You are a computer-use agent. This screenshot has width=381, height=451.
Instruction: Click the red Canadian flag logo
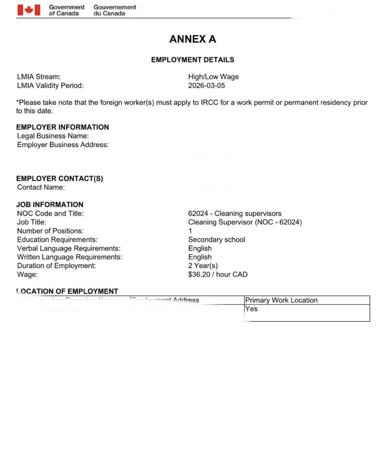[29, 10]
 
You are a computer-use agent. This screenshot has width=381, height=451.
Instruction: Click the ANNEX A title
[193, 39]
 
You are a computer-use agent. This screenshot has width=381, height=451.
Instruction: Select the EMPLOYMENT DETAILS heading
[193, 60]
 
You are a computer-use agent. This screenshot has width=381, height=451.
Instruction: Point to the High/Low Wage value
[213, 77]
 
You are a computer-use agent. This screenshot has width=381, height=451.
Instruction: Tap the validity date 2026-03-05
[206, 85]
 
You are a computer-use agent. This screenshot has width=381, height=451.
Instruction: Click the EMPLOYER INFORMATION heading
[63, 127]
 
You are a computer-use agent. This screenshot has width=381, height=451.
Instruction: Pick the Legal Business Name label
[53, 136]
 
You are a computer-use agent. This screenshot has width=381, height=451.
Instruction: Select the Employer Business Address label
[63, 145]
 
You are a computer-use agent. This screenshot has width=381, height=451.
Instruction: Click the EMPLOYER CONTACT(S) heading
[60, 179]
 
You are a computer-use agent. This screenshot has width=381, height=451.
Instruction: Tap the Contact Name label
[41, 187]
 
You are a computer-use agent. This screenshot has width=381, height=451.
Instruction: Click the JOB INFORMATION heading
[50, 205]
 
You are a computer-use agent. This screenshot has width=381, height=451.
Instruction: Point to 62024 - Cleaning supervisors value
[235, 214]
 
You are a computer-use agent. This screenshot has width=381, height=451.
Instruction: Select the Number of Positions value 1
[190, 231]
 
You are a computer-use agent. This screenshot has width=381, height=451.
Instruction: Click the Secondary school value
[217, 240]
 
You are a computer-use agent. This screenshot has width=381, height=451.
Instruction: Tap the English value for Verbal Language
[200, 248]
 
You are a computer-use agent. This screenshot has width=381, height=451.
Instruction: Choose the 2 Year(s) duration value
[203, 266]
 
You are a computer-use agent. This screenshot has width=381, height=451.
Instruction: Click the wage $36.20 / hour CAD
[218, 274]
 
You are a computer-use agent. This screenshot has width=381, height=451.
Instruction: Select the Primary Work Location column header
[281, 300]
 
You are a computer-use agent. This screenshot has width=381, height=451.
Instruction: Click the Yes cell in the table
[251, 309]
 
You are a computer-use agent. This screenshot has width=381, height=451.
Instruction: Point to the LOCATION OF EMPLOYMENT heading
[67, 291]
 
